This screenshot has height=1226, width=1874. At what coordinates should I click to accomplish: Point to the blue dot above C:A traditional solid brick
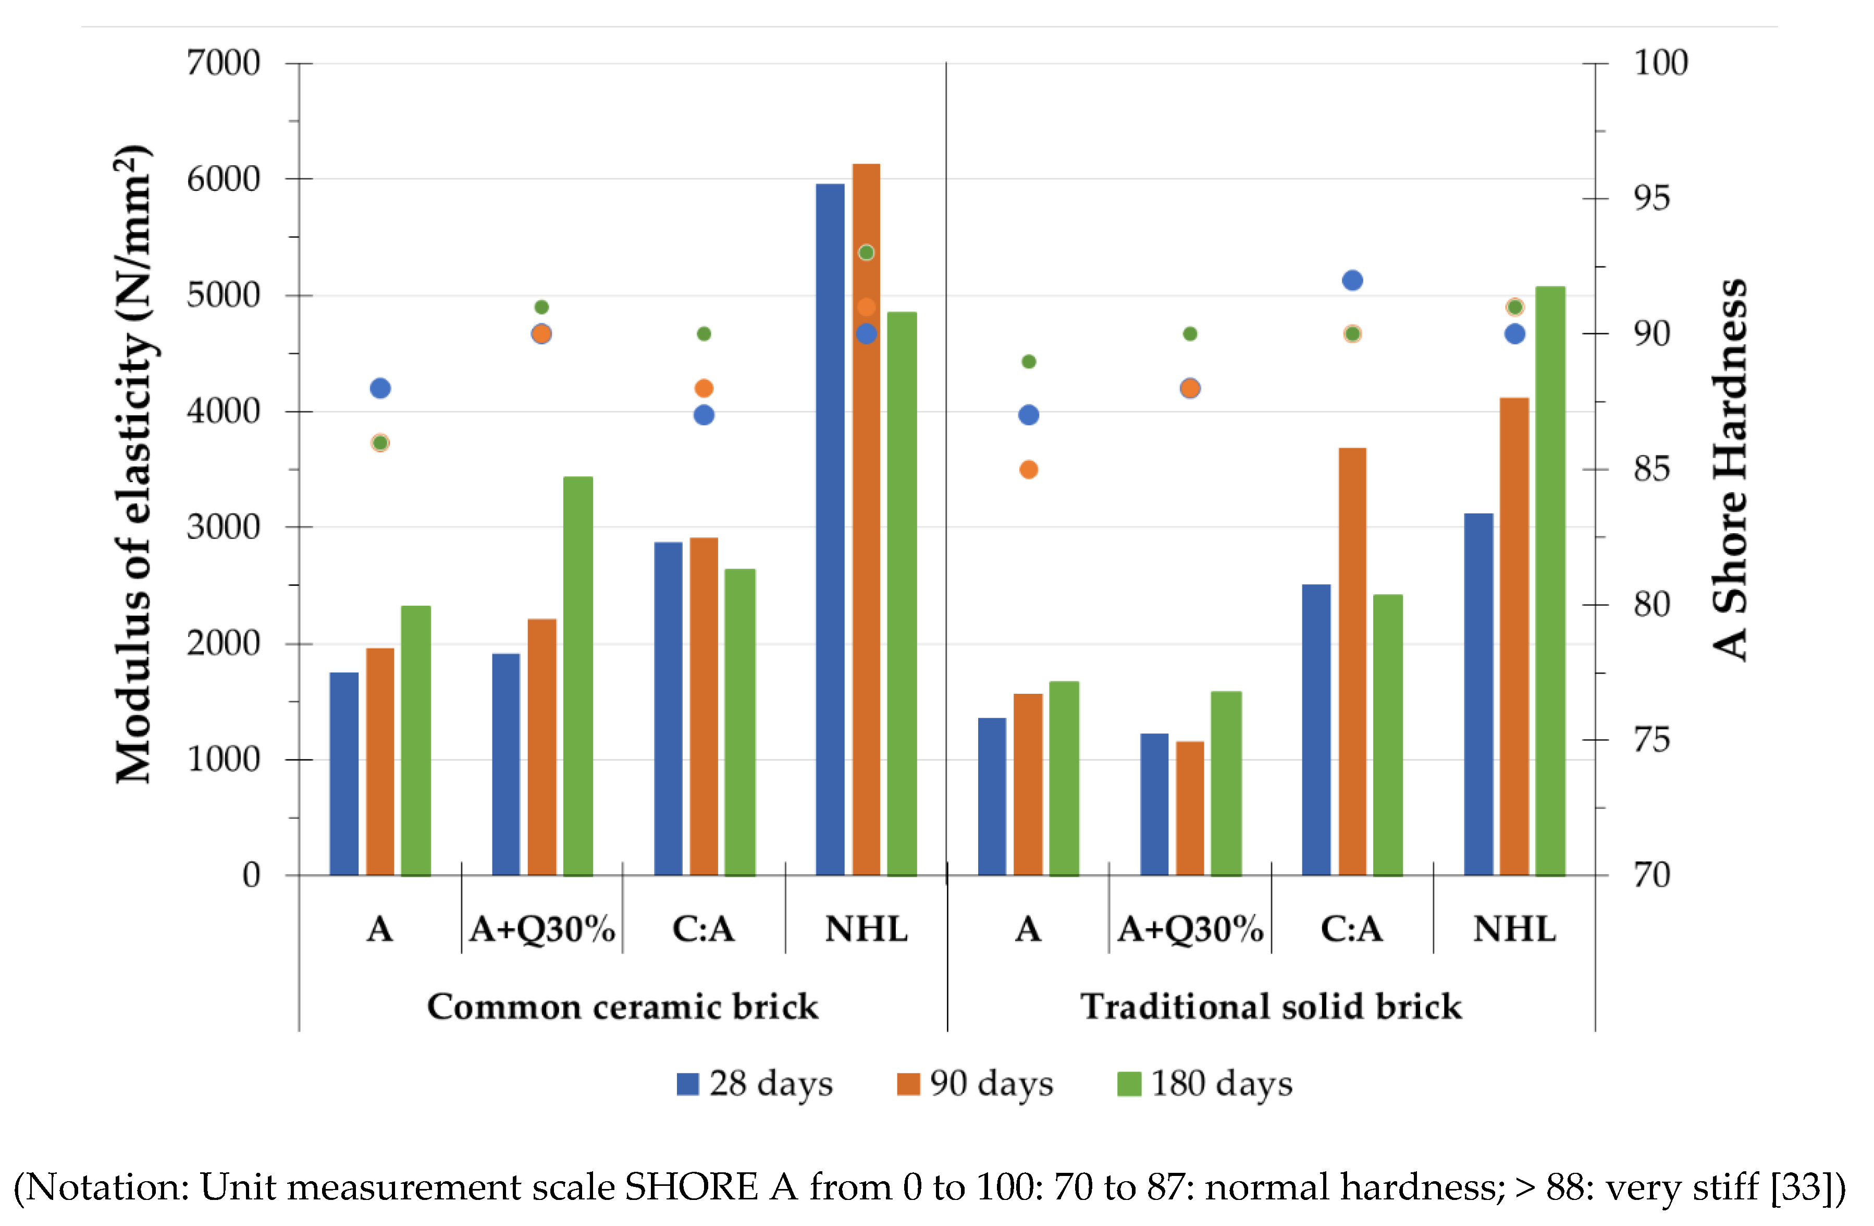point(1352,280)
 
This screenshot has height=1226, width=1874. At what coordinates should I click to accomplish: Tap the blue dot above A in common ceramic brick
point(380,388)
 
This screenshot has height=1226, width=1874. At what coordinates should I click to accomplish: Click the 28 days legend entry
point(754,1084)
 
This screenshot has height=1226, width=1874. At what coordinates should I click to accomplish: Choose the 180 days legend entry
point(1205,1084)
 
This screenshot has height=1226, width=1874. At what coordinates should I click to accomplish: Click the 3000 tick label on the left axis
point(223,528)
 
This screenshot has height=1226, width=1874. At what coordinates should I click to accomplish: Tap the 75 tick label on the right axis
point(1651,740)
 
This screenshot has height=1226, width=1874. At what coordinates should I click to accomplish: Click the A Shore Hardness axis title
point(1730,470)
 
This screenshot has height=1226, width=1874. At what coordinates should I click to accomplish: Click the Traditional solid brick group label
point(1271,1007)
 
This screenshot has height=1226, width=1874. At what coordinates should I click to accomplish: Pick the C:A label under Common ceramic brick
point(703,930)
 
